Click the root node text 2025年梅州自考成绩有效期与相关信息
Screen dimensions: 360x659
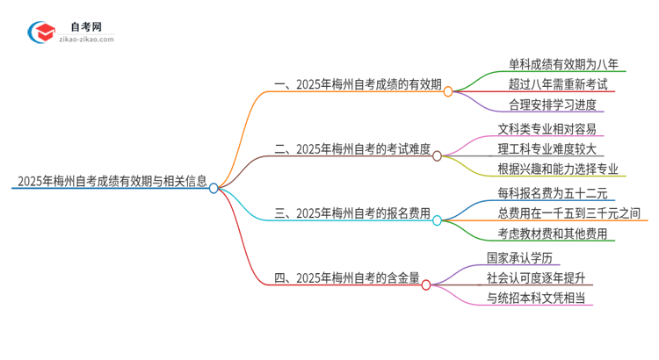click(x=111, y=183)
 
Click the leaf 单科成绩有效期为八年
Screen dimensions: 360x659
click(x=563, y=63)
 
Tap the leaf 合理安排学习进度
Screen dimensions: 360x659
click(x=553, y=104)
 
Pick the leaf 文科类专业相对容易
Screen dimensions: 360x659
click(x=552, y=128)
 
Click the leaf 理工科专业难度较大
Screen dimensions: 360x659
click(x=552, y=148)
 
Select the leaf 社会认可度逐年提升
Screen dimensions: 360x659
click(x=536, y=278)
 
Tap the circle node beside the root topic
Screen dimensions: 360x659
click(x=214, y=187)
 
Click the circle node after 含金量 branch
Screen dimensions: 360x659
click(x=426, y=284)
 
